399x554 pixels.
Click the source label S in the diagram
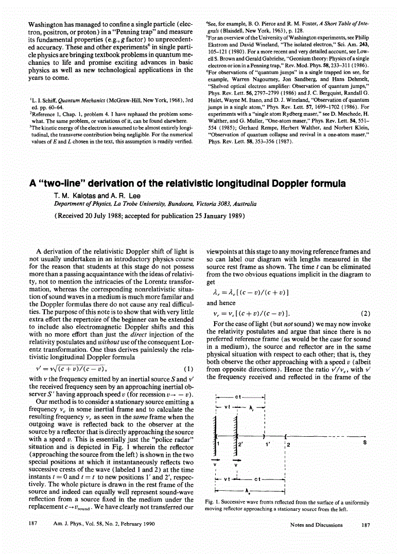pos(365,442)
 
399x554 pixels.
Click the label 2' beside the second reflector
pos(240,444)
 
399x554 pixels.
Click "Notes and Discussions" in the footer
pos(316,525)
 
